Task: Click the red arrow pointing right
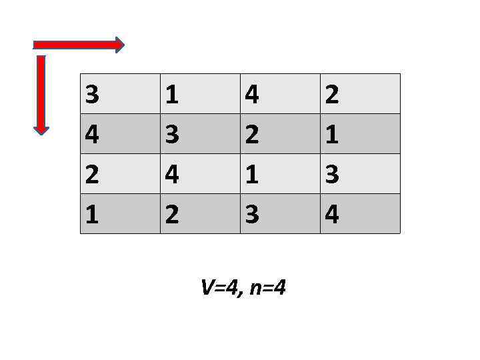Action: pos(79,45)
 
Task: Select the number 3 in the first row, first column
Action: pos(93,95)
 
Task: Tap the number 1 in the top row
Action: pos(172,95)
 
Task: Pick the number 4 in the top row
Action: pos(252,95)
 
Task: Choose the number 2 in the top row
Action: pos(331,95)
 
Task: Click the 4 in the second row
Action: pos(93,135)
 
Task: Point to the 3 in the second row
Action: pos(172,135)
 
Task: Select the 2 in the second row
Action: pos(252,135)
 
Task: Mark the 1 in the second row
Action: pos(331,135)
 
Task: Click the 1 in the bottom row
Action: pos(93,214)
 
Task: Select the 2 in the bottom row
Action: pos(172,214)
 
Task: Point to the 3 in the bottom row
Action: pos(252,214)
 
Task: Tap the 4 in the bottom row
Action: pos(331,214)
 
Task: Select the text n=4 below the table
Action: pos(269,288)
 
